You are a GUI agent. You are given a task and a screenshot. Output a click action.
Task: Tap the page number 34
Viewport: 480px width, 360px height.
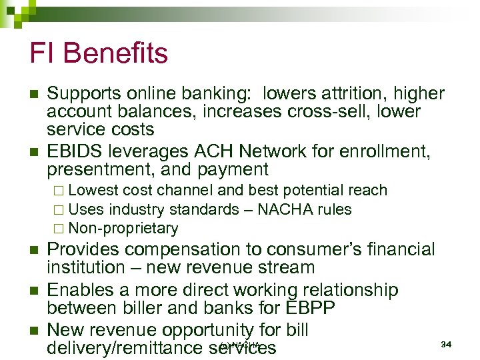coord(447,344)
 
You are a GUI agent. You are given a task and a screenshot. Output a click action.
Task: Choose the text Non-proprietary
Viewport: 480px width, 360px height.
coord(123,229)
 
